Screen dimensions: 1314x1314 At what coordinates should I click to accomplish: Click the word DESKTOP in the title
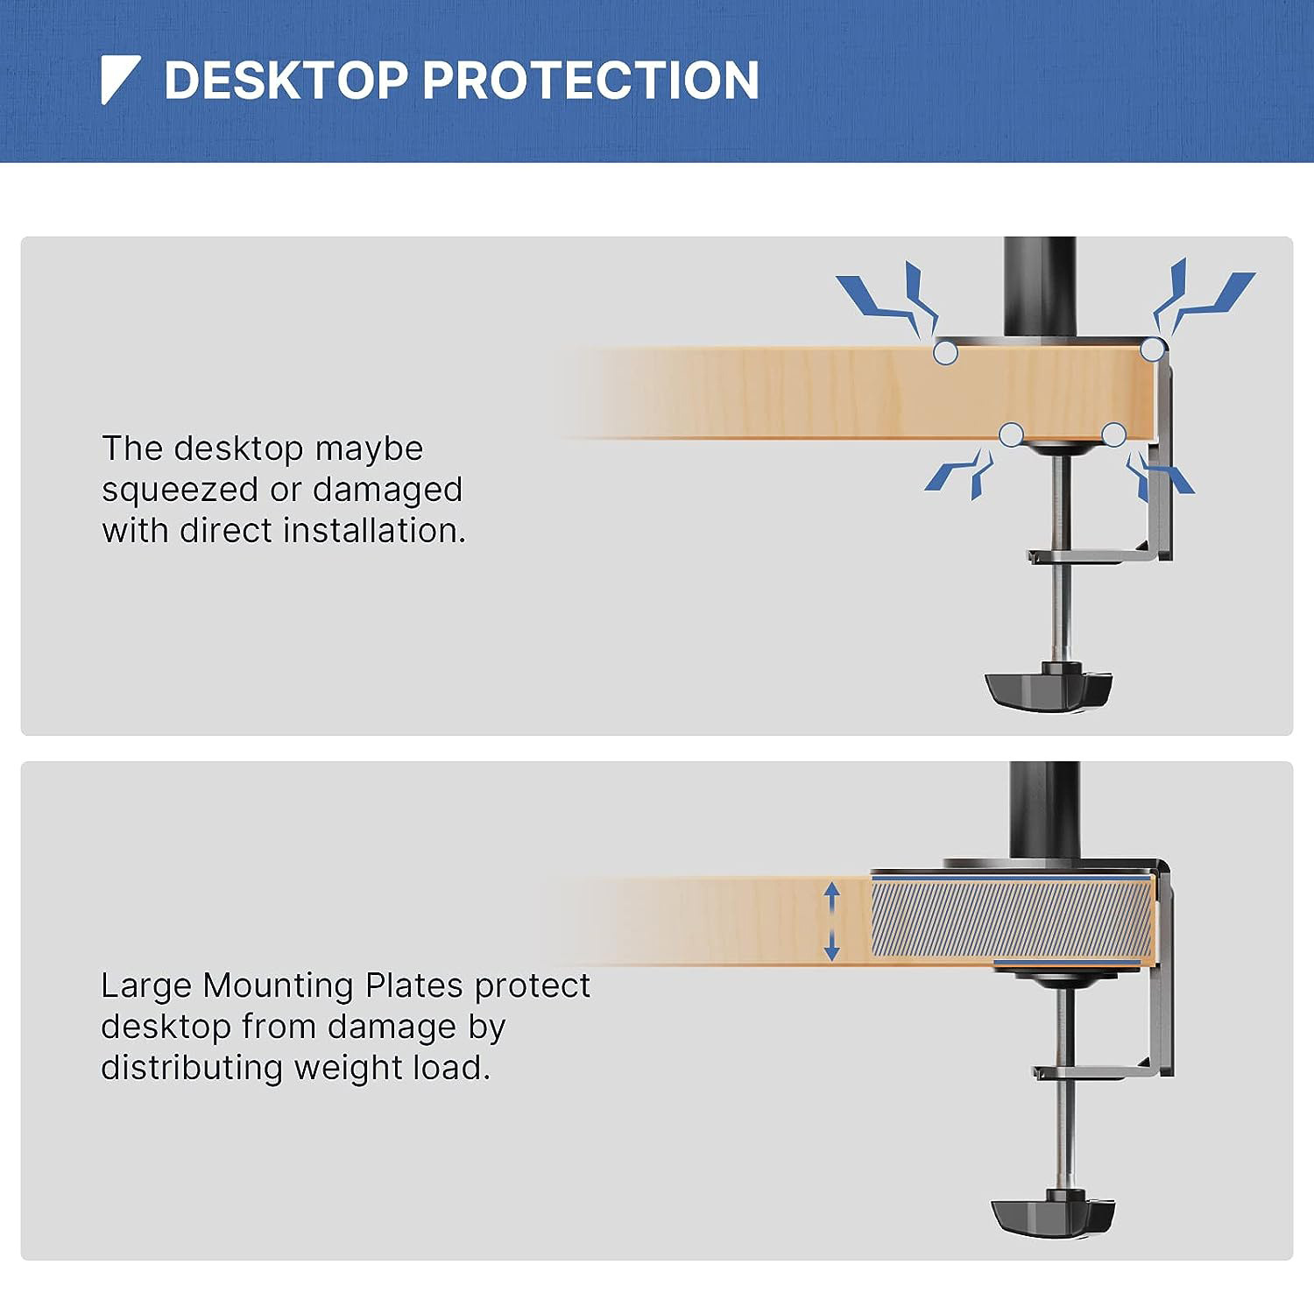point(286,81)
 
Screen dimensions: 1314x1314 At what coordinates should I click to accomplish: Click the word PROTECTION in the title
point(590,81)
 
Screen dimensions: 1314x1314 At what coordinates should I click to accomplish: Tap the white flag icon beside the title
point(118,79)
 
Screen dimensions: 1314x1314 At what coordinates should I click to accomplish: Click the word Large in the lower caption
point(145,985)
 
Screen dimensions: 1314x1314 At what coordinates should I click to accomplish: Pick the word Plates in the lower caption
point(413,985)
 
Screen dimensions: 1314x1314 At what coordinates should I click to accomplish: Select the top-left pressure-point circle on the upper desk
point(945,353)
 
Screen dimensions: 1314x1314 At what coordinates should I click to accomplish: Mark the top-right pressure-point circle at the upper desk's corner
point(1153,350)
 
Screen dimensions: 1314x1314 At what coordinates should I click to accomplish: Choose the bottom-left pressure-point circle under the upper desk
point(1012,434)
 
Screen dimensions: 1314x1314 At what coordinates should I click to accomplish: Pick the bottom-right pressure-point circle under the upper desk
point(1113,434)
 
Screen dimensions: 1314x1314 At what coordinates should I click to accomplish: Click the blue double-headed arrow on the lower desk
point(832,922)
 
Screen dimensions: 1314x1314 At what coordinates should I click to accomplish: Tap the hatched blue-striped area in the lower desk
point(1011,919)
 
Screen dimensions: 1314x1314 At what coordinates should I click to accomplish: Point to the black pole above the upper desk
point(1040,285)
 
